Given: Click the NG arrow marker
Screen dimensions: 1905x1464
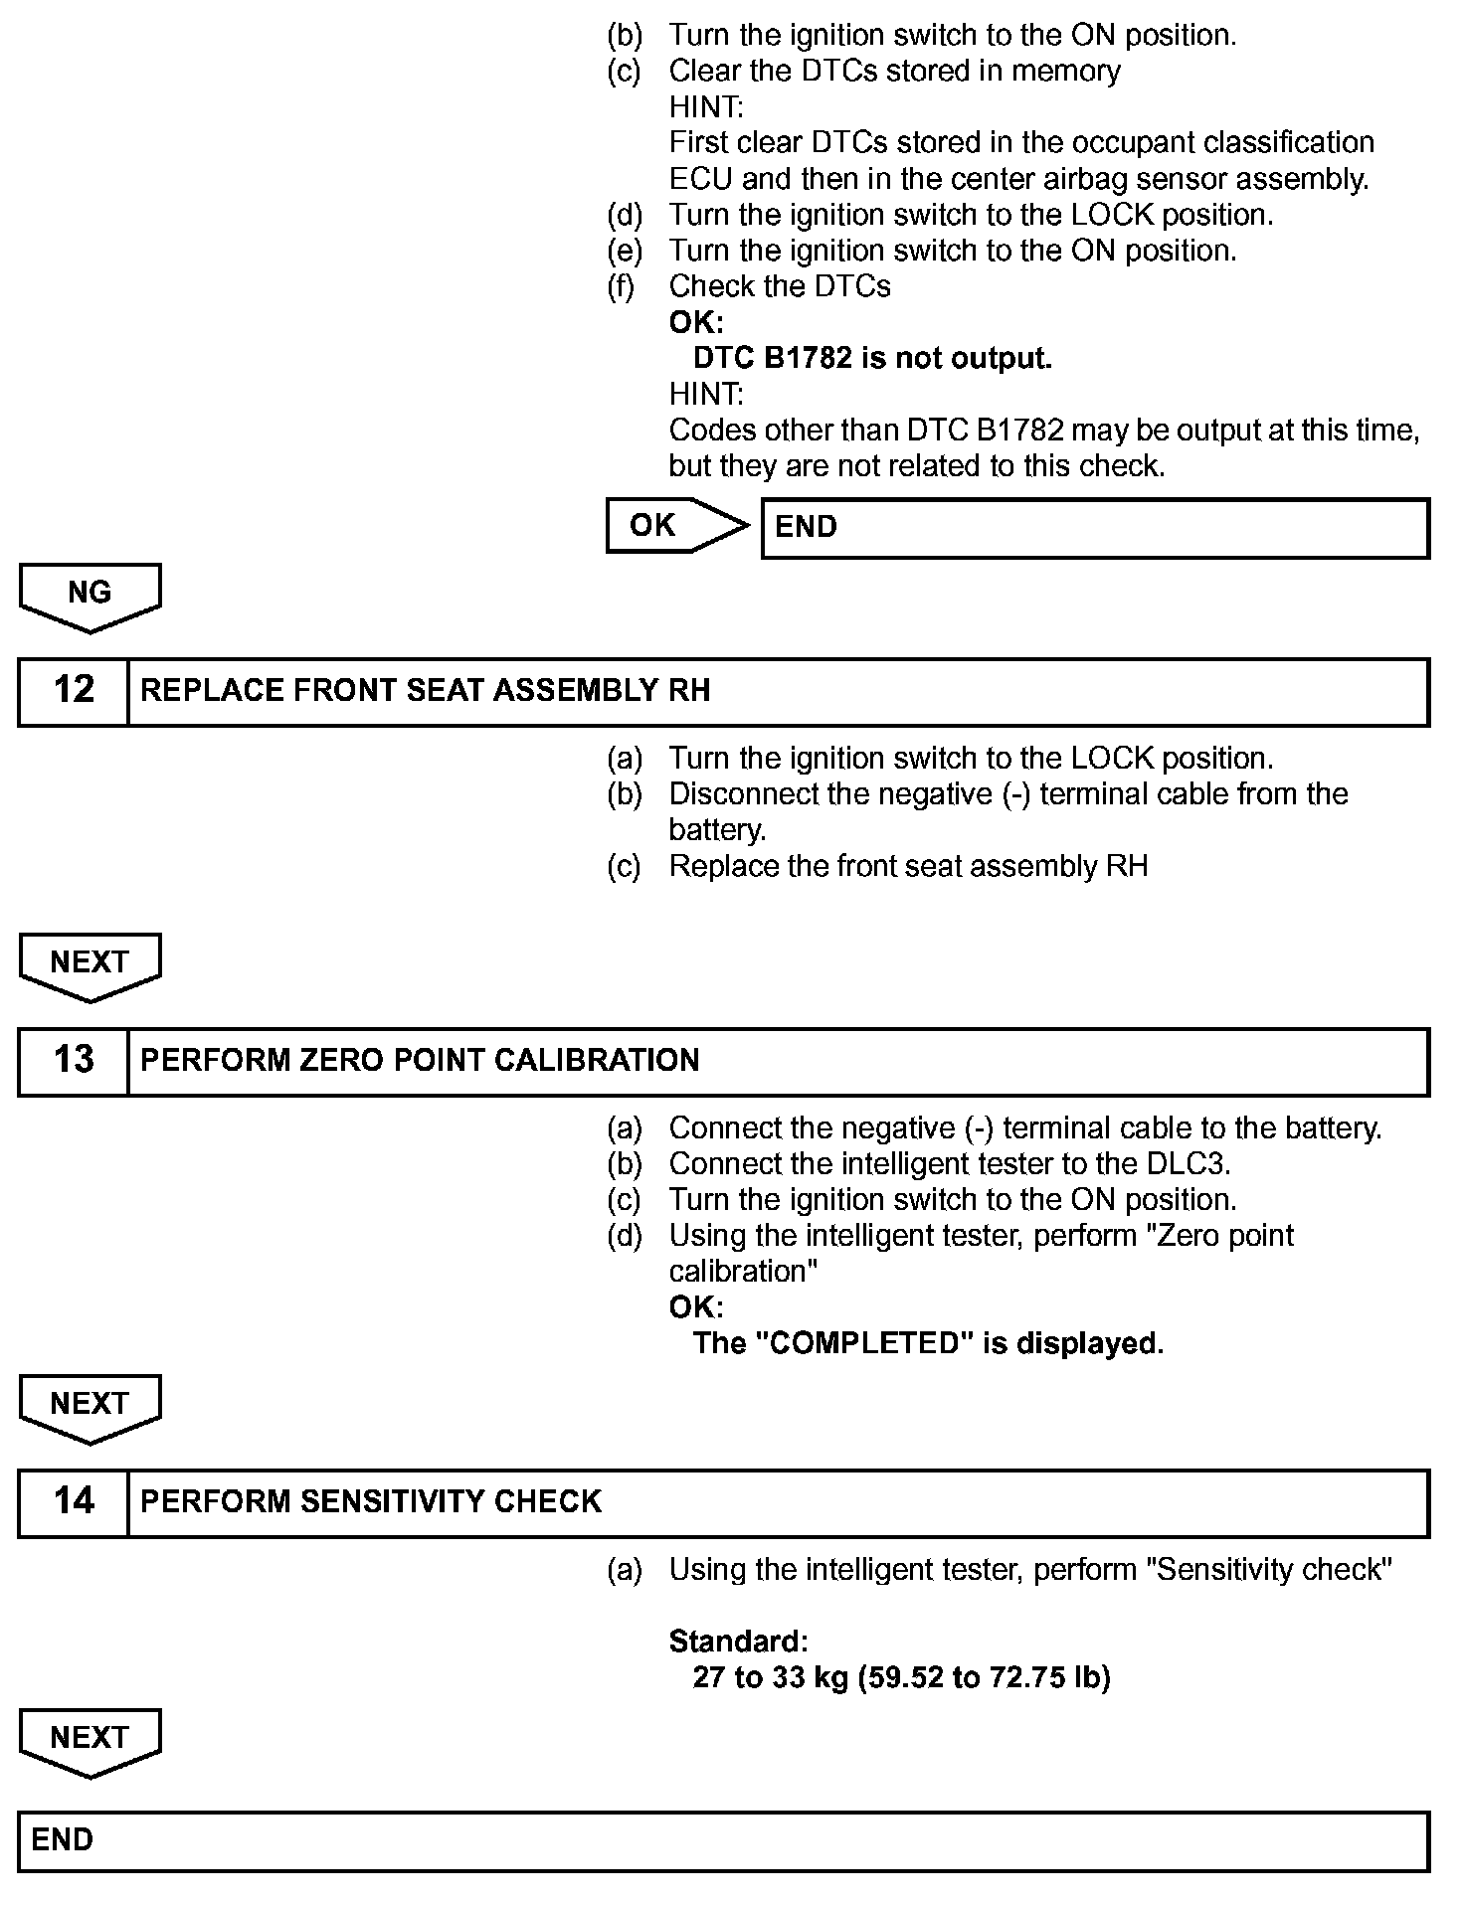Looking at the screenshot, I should pos(90,596).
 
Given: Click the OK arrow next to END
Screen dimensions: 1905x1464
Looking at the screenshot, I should pos(675,525).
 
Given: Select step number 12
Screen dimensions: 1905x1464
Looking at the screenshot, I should pos(74,690).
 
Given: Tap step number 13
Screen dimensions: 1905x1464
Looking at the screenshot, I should pos(74,1060).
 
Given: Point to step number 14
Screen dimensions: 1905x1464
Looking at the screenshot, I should pos(74,1501).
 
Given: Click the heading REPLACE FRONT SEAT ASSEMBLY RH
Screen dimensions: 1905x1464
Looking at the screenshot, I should pos(426,691).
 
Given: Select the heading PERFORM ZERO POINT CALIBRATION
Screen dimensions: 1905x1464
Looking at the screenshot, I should pos(420,1061).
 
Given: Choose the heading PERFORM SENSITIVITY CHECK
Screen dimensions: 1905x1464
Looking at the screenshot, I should pos(371,1502).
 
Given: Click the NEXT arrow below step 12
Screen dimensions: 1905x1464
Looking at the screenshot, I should pos(90,964).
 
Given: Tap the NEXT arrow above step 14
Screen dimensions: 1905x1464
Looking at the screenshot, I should pos(90,1406).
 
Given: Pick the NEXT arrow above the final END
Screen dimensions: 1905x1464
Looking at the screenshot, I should pos(90,1740).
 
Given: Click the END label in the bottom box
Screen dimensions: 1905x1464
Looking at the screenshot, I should pos(62,1840).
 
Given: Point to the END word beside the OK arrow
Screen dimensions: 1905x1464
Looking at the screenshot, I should pos(806,527).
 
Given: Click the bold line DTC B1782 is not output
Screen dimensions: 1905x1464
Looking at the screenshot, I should pos(872,358).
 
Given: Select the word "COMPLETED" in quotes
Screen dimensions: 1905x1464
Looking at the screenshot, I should pos(864,1344).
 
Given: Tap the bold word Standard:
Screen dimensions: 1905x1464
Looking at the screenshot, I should pos(738,1642).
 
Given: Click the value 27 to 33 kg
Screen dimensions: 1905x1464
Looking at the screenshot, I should pos(770,1678).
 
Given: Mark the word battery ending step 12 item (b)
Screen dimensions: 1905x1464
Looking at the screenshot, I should pos(716,830).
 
